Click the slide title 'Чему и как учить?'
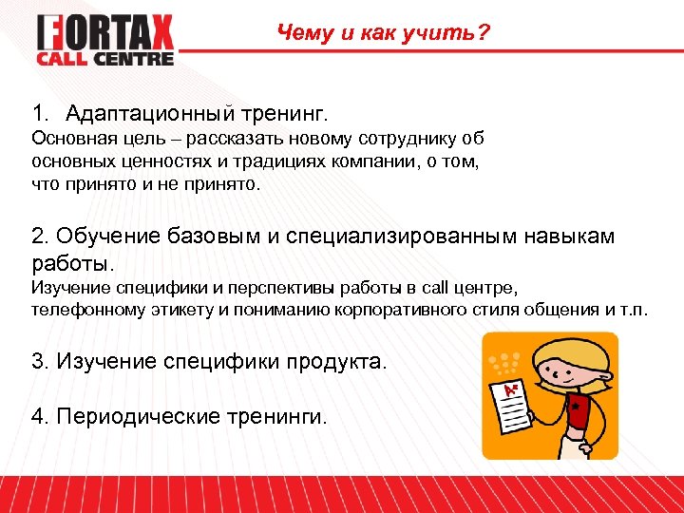tap(384, 34)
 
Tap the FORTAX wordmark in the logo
tap(105, 33)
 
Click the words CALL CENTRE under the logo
tap(105, 59)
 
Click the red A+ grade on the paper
tap(512, 389)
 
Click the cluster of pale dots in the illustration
tap(503, 360)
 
